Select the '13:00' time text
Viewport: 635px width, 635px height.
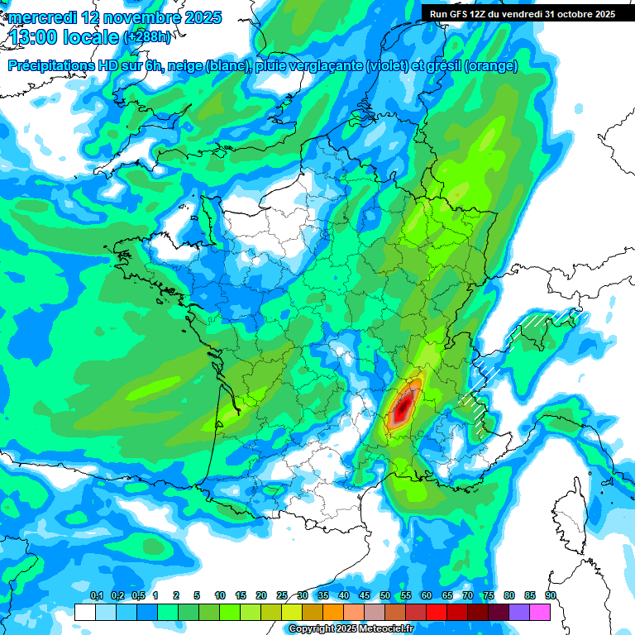click(36, 36)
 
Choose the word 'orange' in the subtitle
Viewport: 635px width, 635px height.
click(493, 66)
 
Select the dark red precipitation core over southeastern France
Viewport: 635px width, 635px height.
click(403, 406)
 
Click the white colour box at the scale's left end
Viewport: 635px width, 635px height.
click(84, 612)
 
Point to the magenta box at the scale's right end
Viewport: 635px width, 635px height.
click(540, 612)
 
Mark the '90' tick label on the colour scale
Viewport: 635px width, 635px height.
click(550, 595)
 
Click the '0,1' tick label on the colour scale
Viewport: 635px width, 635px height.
click(96, 595)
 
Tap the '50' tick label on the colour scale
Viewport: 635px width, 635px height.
click(385, 595)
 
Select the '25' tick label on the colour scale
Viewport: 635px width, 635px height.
click(282, 595)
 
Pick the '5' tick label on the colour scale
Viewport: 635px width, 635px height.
click(197, 595)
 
